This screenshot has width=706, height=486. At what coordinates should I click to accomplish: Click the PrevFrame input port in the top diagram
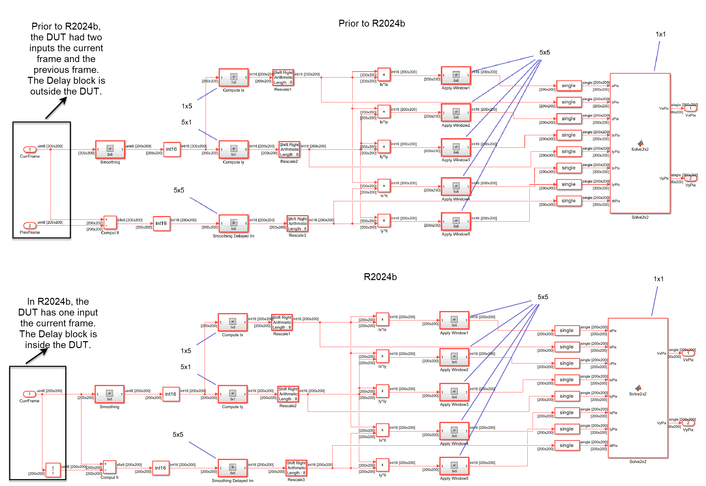click(30, 226)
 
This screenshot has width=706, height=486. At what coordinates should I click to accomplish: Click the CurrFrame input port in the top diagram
click(30, 149)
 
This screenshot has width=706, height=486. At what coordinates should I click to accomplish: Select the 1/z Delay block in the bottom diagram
click(53, 470)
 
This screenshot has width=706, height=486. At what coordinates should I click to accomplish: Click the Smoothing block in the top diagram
click(110, 150)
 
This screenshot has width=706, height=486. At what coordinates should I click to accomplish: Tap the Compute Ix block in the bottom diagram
click(232, 322)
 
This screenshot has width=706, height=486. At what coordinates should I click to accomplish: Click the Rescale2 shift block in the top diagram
click(289, 149)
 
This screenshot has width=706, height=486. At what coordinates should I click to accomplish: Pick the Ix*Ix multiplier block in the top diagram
click(384, 75)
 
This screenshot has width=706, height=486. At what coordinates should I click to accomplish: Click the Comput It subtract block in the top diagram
click(110, 222)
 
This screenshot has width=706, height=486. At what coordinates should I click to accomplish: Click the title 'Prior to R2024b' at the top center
click(372, 23)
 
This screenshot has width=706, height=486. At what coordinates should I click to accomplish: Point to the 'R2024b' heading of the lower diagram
click(380, 277)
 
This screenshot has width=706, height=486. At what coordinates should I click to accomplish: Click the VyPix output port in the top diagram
click(690, 178)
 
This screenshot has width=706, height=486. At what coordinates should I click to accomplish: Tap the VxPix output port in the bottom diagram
click(688, 353)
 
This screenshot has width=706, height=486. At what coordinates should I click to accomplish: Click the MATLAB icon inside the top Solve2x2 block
click(640, 143)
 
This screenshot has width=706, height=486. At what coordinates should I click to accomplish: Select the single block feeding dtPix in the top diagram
click(569, 201)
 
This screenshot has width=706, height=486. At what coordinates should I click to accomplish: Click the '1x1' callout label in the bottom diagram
click(658, 279)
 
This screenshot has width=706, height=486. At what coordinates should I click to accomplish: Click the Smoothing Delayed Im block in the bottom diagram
click(232, 468)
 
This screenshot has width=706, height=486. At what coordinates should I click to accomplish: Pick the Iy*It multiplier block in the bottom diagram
click(382, 465)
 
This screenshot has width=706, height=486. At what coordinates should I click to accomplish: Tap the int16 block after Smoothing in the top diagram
click(171, 149)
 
